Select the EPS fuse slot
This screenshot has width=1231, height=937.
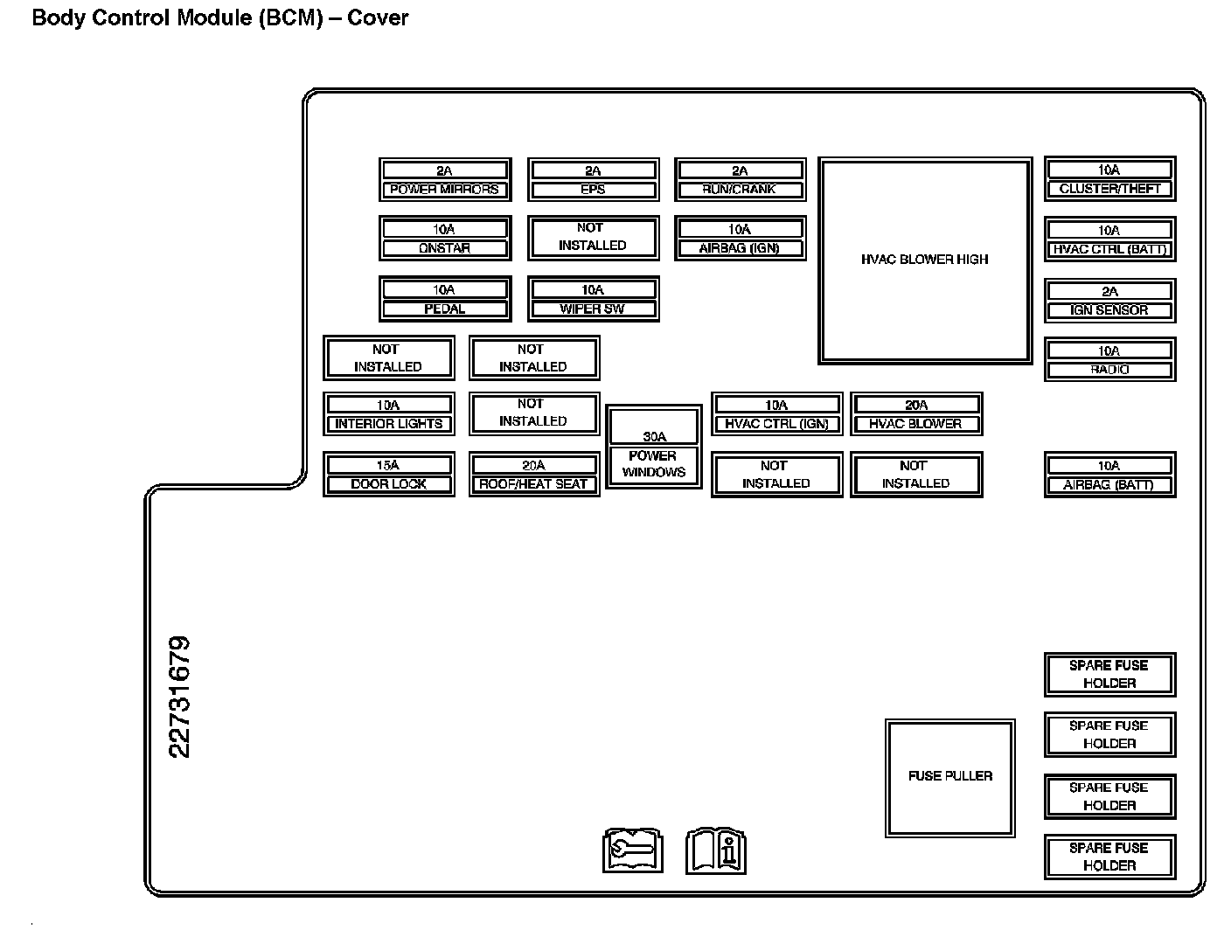593,180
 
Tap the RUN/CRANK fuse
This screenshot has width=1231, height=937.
740,180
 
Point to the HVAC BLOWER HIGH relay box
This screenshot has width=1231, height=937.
925,260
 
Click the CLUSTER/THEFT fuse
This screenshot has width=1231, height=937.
1109,179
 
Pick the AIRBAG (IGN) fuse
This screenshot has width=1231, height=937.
740,239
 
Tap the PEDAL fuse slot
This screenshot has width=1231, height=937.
444,299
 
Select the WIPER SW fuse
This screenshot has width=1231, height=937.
593,299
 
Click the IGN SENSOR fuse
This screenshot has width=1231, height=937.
1109,301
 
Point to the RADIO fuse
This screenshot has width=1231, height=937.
1109,360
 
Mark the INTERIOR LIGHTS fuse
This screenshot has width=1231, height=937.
388,414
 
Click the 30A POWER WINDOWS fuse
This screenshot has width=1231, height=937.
654,447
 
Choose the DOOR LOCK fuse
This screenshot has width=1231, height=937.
388,475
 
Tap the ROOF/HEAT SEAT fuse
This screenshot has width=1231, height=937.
533,475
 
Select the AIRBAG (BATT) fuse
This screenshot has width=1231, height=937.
1109,475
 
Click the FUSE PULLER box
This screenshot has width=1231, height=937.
950,778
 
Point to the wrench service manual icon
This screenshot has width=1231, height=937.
633,850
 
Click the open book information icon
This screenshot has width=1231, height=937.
716,850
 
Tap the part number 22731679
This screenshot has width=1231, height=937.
179,697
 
